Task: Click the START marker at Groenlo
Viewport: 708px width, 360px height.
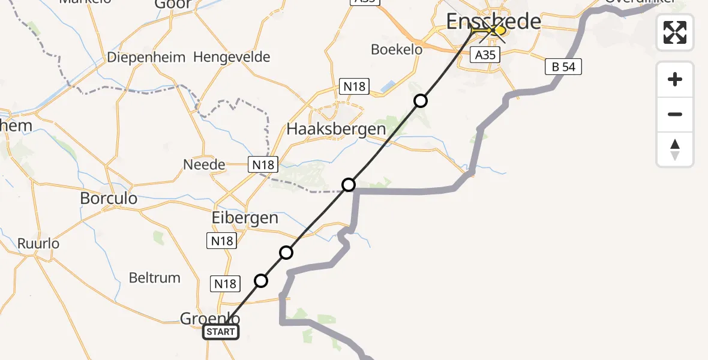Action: pyautogui.click(x=221, y=332)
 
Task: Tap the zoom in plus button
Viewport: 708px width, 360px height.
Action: pyautogui.click(x=675, y=80)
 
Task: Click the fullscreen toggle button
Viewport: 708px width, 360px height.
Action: pyautogui.click(x=675, y=32)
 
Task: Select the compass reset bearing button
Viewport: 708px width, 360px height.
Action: pyautogui.click(x=675, y=149)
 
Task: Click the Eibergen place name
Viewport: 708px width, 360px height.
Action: pyautogui.click(x=244, y=218)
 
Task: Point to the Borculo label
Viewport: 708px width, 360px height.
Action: pyautogui.click(x=109, y=198)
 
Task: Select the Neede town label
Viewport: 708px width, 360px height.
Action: pyautogui.click(x=204, y=164)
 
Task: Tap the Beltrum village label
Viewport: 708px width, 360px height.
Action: pyautogui.click(x=155, y=278)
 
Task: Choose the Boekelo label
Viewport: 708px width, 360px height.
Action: pyautogui.click(x=397, y=50)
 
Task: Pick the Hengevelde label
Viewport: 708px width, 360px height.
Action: pyautogui.click(x=232, y=58)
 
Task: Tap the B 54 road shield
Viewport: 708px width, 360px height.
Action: pyautogui.click(x=563, y=67)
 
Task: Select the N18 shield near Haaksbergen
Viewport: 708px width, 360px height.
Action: pyautogui.click(x=354, y=86)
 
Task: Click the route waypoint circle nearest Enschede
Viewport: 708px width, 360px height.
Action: pyautogui.click(x=421, y=101)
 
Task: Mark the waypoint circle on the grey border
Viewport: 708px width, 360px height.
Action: pyautogui.click(x=349, y=184)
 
